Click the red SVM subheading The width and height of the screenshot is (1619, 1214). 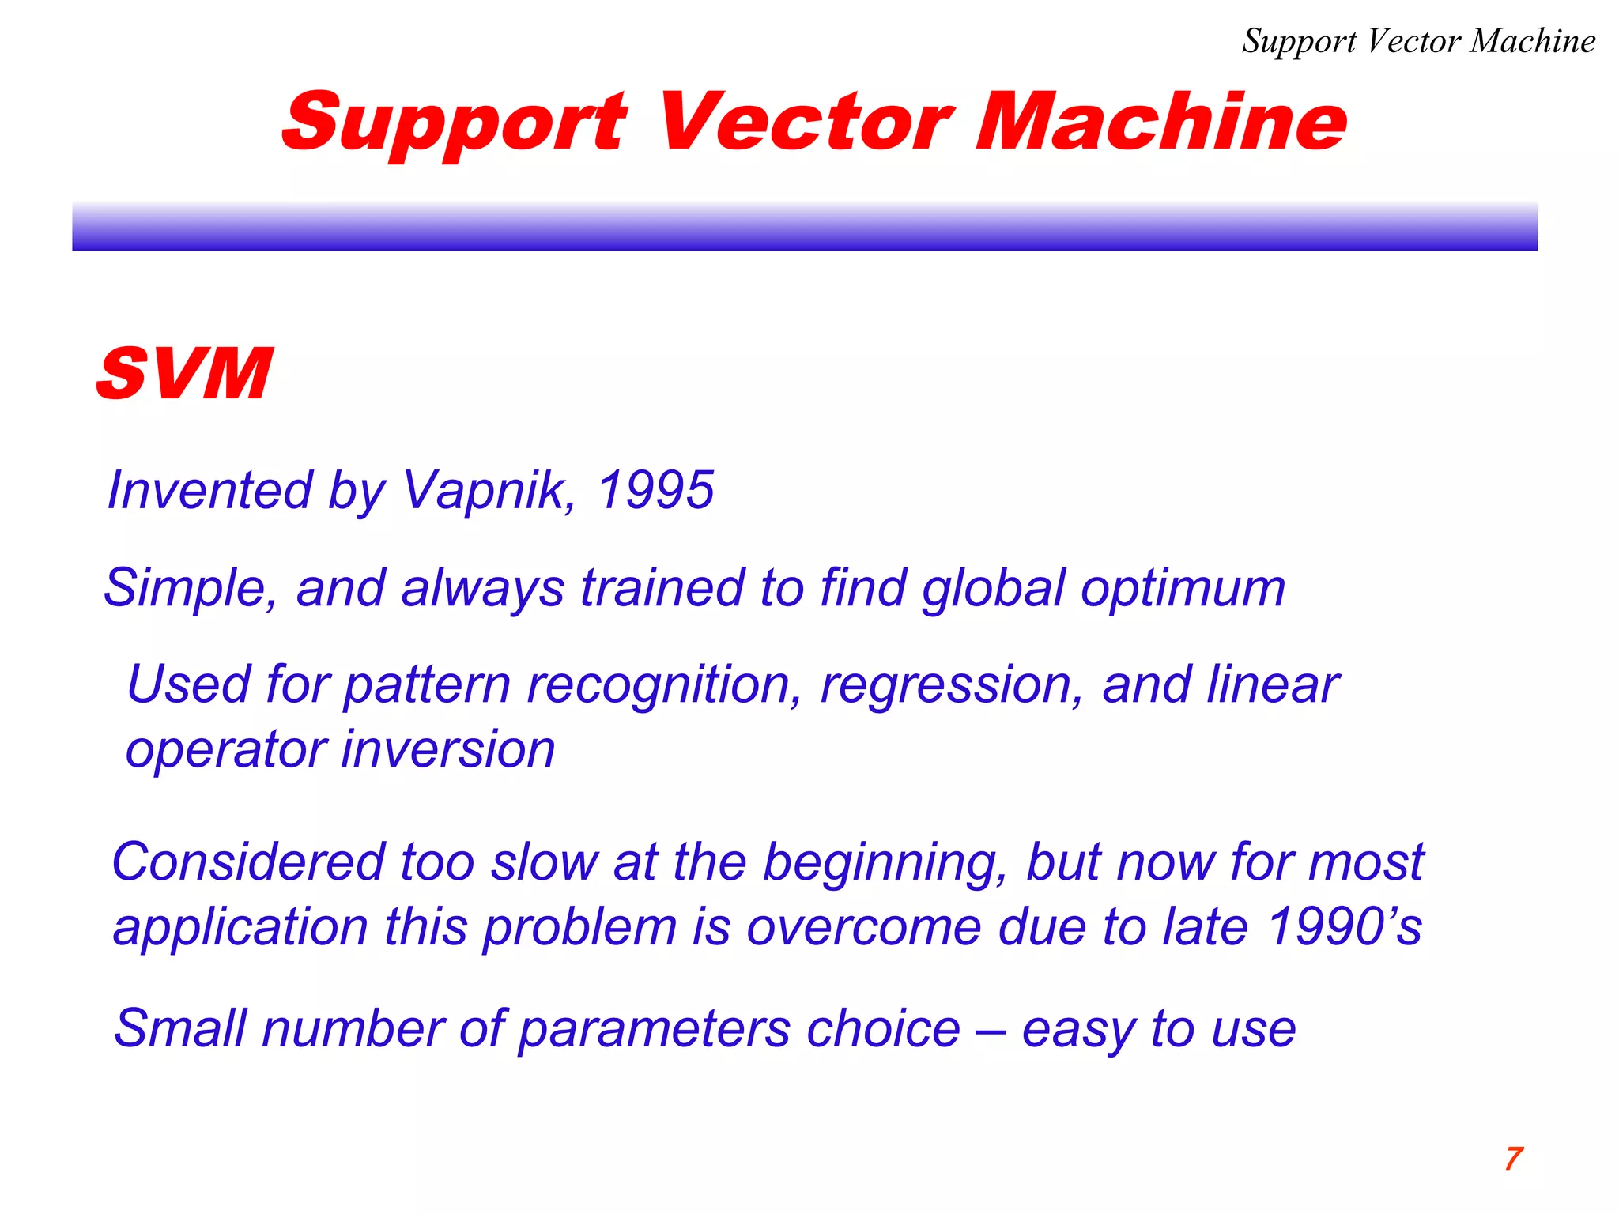[184, 374]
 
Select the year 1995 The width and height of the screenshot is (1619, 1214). [655, 491]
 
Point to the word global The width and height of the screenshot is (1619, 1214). [993, 589]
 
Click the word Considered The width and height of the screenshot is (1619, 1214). [249, 861]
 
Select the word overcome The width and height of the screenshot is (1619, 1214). [863, 927]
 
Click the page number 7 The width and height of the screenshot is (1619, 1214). [1513, 1159]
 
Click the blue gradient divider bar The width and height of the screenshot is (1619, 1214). [805, 227]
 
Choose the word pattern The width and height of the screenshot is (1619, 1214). [427, 686]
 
